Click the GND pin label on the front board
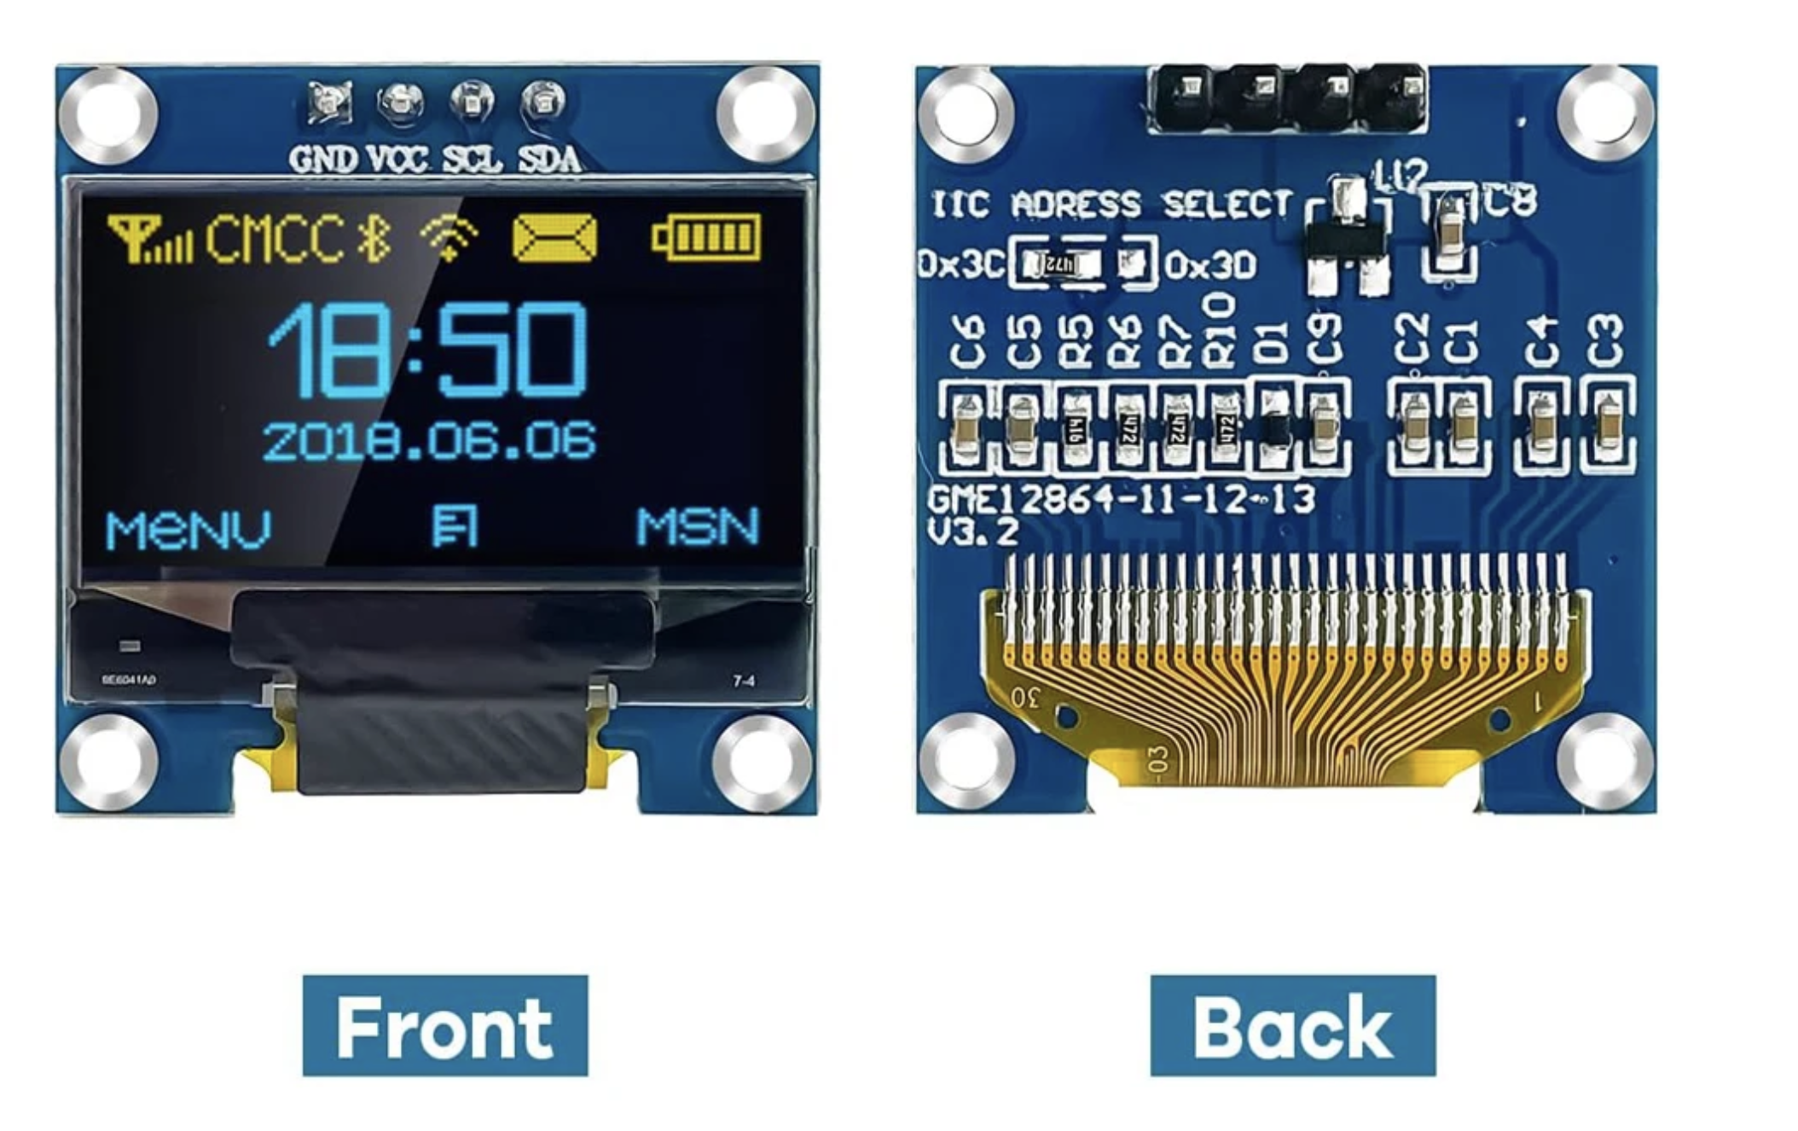[x=322, y=159]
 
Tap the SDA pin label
[x=549, y=159]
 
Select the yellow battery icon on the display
[x=705, y=238]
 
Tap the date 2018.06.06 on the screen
[x=429, y=441]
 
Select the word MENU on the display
[x=188, y=529]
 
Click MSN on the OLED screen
[x=697, y=527]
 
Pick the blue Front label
[x=444, y=1025]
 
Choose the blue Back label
[x=1292, y=1025]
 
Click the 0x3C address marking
[x=960, y=265]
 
